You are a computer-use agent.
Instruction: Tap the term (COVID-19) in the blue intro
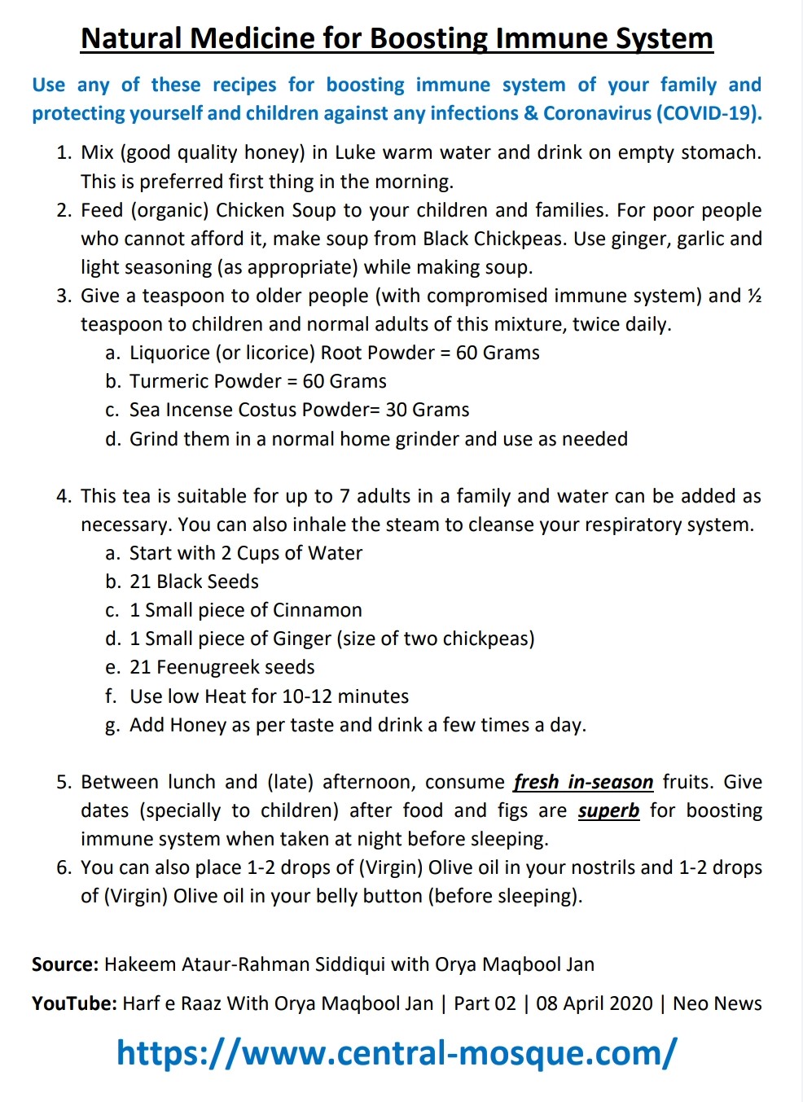pos(709,113)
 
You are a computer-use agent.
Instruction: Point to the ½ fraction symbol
pos(754,296)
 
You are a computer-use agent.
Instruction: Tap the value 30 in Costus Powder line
pos(397,410)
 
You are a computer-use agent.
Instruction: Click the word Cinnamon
pos(318,610)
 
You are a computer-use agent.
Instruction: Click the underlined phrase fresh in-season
pos(583,782)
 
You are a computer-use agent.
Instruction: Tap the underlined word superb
pos(608,810)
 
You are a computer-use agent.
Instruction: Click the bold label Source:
pos(65,964)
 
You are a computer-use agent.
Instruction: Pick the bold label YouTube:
pos(74,1003)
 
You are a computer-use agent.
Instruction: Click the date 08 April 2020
pos(595,1003)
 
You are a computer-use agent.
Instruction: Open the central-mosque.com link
pos(397,1052)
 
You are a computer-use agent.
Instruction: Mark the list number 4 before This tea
pos(63,496)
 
